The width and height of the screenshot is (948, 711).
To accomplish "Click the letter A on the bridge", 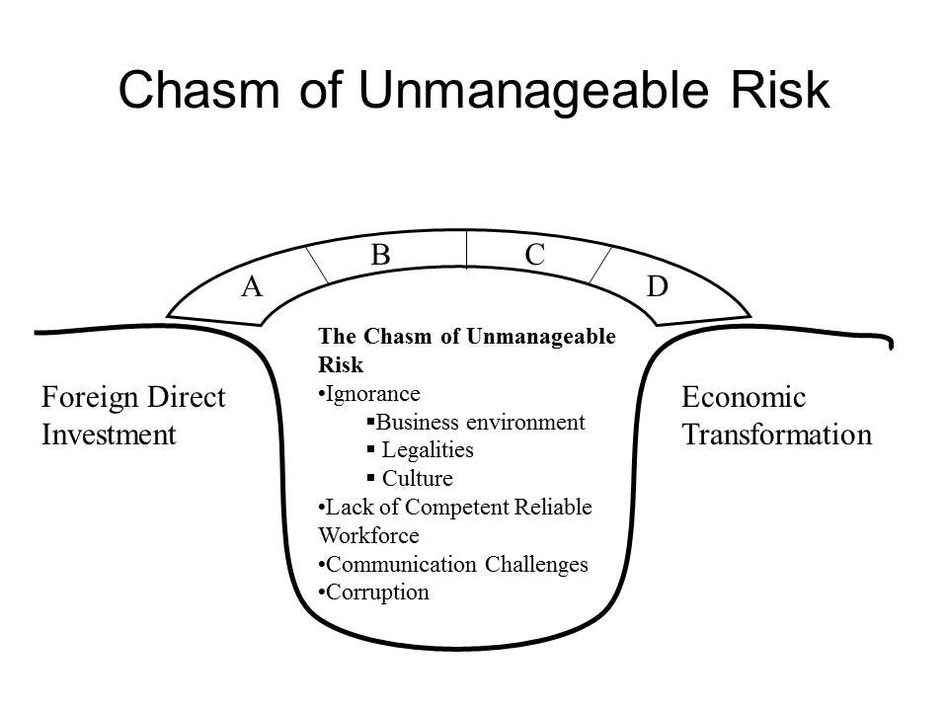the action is [x=252, y=286].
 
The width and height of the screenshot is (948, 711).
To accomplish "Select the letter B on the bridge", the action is [x=380, y=255].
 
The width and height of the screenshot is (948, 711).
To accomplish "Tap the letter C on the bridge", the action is [x=535, y=255].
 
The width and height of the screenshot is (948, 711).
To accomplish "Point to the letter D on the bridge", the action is [x=658, y=286].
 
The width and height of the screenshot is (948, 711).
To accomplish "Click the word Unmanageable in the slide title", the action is [x=532, y=91].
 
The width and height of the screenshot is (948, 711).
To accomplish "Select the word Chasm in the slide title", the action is [x=198, y=90].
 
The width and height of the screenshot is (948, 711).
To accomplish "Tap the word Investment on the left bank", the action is [x=109, y=434].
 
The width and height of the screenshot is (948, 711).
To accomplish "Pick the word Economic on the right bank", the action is [x=744, y=398].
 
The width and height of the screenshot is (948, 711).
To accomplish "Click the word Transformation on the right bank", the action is [x=777, y=434].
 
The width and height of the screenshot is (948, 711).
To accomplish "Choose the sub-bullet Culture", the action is [x=411, y=478].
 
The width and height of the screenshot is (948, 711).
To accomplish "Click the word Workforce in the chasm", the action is [x=368, y=535].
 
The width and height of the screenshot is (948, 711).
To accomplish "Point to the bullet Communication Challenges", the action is [x=453, y=564].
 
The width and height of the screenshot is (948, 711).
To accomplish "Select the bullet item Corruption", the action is [x=373, y=592].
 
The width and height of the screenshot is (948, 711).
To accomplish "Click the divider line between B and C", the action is [x=467, y=249].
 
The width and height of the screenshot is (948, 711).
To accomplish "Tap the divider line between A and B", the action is [x=317, y=265].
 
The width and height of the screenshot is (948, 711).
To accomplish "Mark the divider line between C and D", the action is [x=600, y=265].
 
